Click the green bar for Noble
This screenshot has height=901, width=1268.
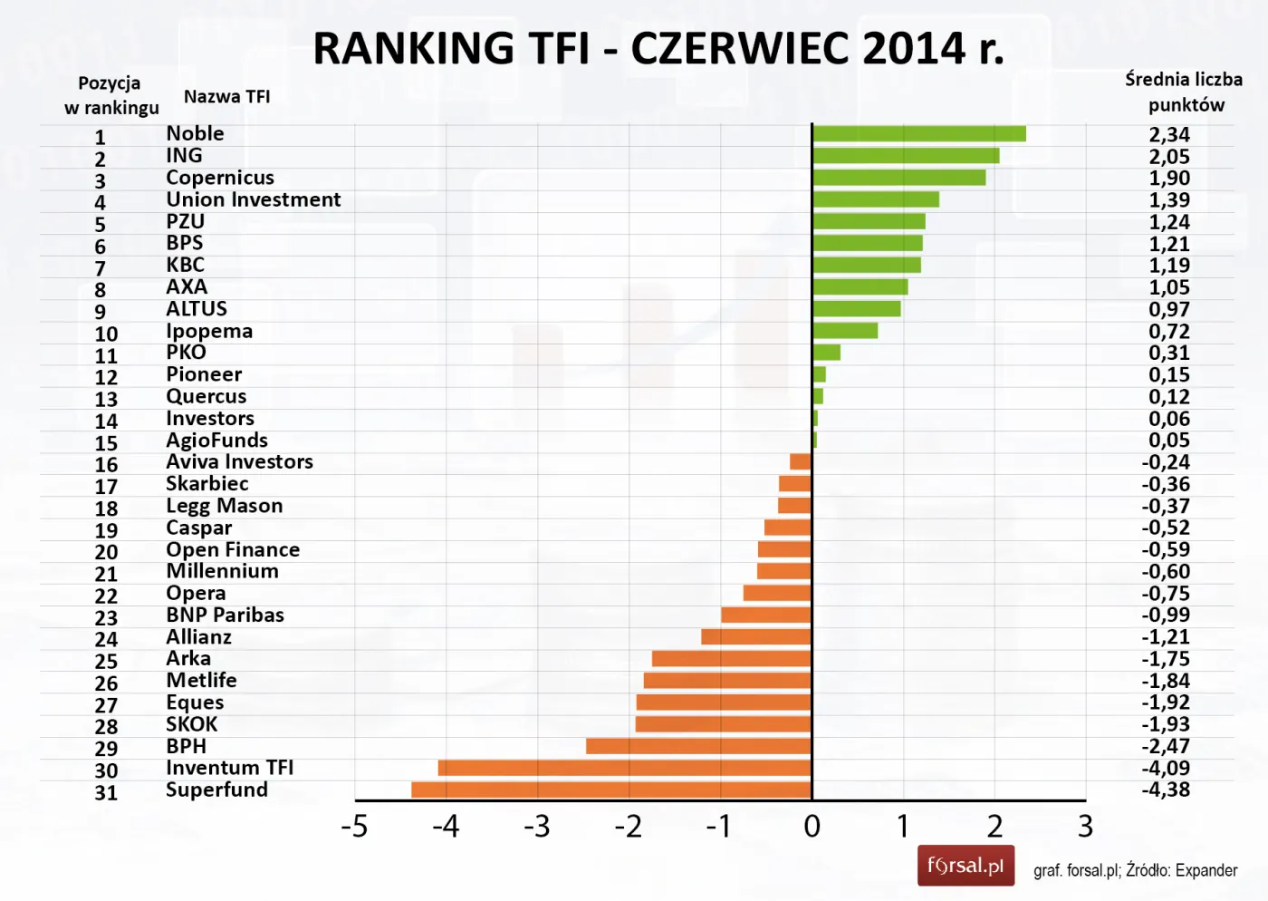918,134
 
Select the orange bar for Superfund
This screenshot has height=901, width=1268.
611,790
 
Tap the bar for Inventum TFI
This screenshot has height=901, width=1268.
625,768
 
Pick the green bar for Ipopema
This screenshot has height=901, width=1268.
845,331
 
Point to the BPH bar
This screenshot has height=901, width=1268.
698,746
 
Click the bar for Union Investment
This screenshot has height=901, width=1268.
876,199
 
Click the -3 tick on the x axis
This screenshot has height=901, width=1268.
537,826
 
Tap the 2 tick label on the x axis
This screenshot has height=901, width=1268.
994,826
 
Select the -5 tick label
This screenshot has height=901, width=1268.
354,826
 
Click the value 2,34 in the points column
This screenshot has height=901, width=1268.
1169,135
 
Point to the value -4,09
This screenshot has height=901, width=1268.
1166,768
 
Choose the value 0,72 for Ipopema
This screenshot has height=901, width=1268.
1169,332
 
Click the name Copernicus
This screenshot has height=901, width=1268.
220,178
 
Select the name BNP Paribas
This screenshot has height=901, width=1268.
225,615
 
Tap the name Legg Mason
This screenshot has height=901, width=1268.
224,506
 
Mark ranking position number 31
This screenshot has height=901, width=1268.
106,792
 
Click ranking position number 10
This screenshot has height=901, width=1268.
106,334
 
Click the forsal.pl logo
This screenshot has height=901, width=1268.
965,866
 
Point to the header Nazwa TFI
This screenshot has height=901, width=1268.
226,97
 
